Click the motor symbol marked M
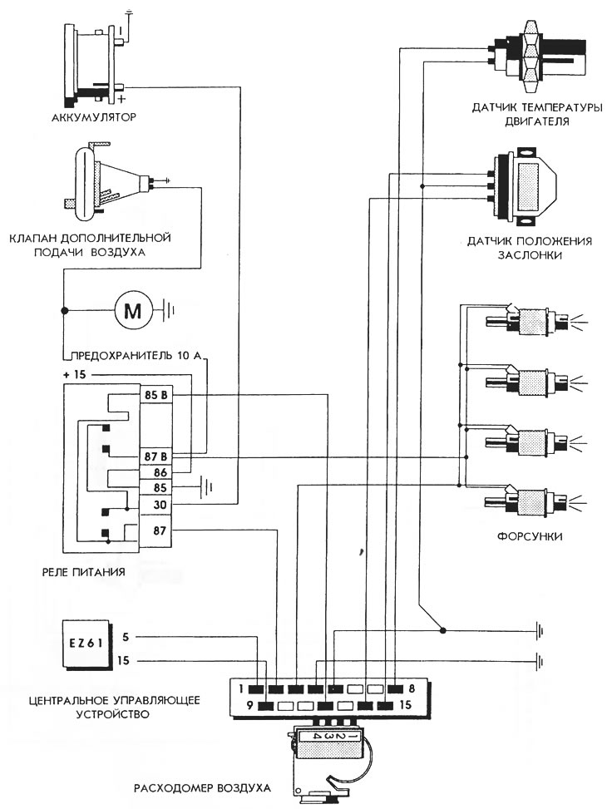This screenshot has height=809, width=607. point(133,311)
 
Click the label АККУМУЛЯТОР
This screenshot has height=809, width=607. point(95,117)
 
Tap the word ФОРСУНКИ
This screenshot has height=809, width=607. point(530,536)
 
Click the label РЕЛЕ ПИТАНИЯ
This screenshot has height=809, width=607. point(84,572)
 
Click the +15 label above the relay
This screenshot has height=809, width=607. point(74,374)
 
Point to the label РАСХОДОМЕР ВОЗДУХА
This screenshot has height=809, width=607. point(202,788)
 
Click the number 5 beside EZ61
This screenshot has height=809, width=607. point(126,637)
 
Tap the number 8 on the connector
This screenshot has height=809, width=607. point(412,688)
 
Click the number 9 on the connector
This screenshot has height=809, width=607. point(249,705)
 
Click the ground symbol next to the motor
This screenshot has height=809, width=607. point(170,311)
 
